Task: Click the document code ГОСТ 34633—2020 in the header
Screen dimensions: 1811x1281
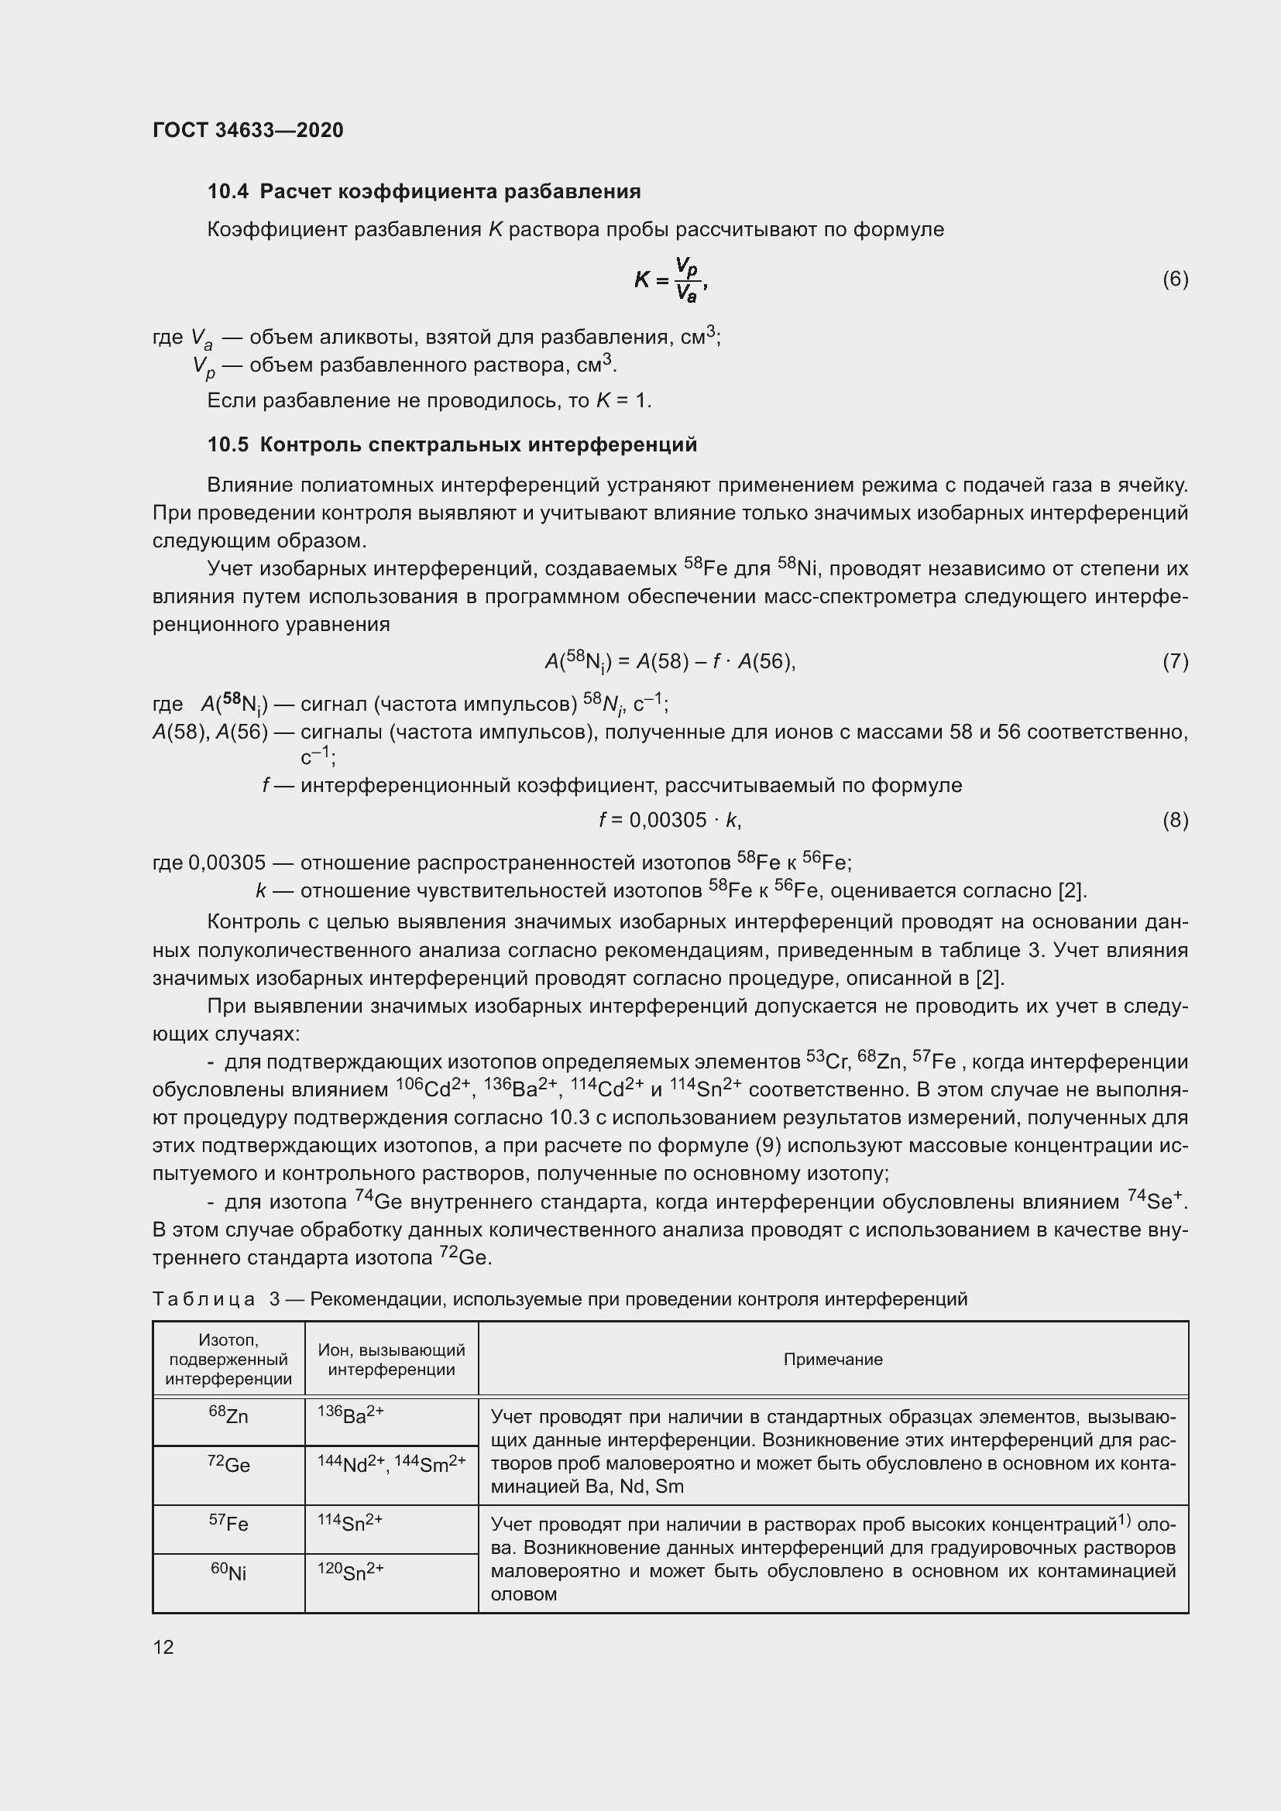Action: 248,130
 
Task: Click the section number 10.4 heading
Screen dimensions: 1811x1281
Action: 228,192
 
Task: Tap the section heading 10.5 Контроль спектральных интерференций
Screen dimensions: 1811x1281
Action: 452,445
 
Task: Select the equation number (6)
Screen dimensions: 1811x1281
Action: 1175,280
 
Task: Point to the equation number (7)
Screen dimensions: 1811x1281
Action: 1175,661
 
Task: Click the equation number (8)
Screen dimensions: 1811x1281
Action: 1175,820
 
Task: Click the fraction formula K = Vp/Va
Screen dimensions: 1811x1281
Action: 671,280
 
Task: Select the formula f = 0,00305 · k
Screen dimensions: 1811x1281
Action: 670,820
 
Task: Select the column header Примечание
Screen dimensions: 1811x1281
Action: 833,1359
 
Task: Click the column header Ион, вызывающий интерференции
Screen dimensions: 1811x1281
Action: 391,1360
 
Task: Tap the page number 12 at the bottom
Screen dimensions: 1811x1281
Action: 163,1647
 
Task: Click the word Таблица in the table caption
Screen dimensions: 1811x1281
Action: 204,1299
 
